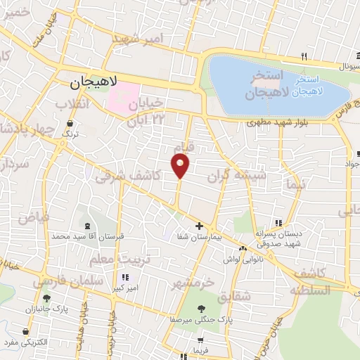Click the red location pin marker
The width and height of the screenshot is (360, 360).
click(x=181, y=165)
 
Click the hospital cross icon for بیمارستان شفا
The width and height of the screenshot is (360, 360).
click(x=199, y=226)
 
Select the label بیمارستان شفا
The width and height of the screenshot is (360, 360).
click(x=200, y=238)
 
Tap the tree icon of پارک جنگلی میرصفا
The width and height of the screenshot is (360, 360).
click(x=201, y=308)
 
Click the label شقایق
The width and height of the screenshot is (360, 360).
click(x=233, y=297)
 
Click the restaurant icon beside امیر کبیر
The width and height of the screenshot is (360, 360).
click(x=127, y=277)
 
